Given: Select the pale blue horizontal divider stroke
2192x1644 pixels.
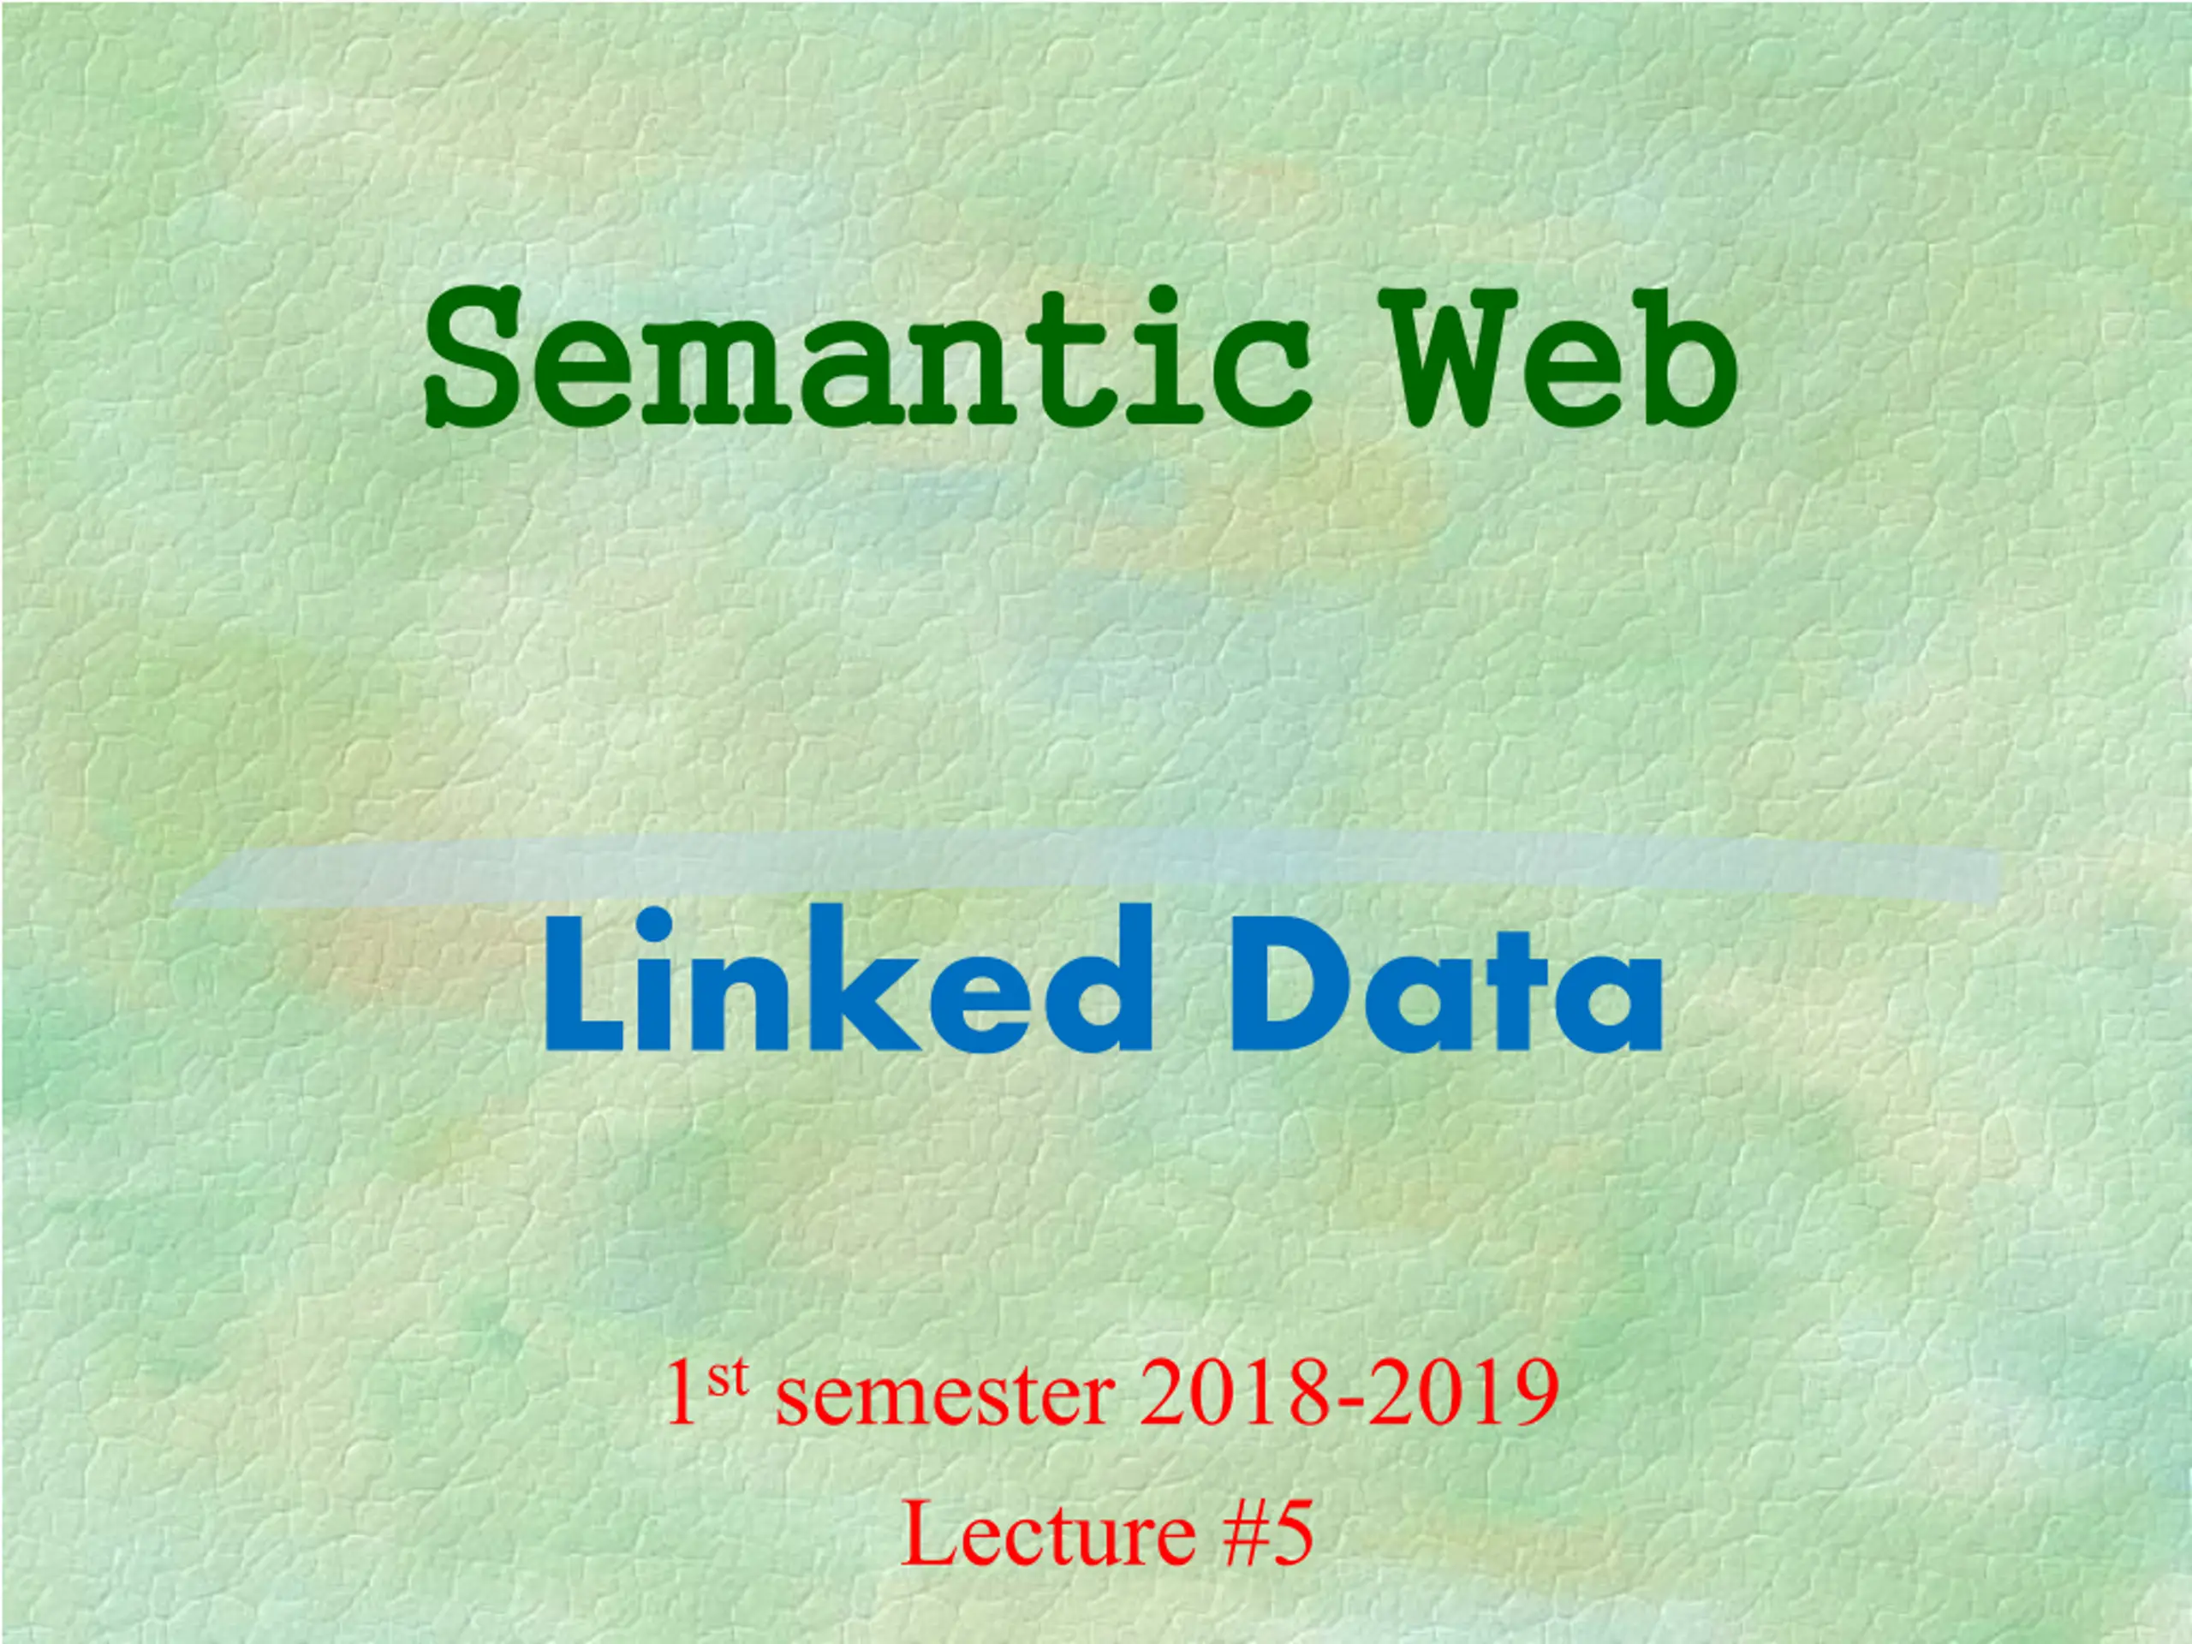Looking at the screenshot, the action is click(1090, 869).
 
